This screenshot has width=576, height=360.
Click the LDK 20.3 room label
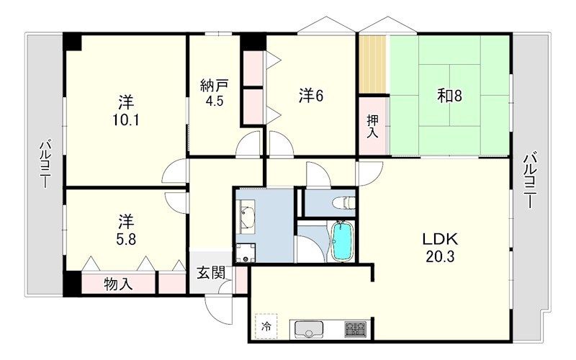tap(440, 247)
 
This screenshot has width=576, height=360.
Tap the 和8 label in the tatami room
tap(449, 96)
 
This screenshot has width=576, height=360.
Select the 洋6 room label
tap(311, 96)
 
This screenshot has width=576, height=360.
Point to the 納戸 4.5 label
tap(215, 93)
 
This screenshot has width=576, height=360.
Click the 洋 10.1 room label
tap(125, 111)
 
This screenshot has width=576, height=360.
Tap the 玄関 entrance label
tap(211, 273)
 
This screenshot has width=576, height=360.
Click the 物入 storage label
tap(118, 284)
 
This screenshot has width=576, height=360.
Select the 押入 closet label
tap(372, 126)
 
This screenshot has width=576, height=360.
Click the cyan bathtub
tap(341, 240)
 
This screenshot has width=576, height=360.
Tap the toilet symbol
tap(343, 202)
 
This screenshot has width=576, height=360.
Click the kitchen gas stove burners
tap(355, 329)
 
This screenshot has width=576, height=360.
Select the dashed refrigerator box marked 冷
tap(266, 326)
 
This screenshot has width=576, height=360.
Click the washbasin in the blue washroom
tap(247, 217)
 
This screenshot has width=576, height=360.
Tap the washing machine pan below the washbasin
tap(246, 253)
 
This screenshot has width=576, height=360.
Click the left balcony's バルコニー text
tap(45, 163)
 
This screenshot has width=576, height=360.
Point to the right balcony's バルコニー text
tap(530, 180)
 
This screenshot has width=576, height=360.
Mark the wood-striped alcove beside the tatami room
tap(372, 64)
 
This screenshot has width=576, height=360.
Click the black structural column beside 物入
tap(72, 283)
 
